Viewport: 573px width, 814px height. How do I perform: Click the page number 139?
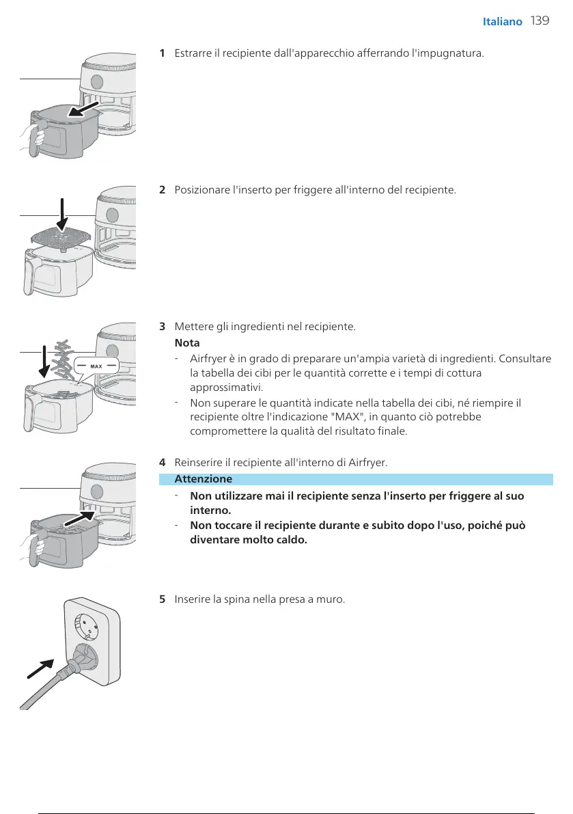coord(540,21)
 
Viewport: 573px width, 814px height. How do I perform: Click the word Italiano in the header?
coord(502,21)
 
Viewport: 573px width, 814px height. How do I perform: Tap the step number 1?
coord(162,53)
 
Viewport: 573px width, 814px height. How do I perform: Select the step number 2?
coord(162,189)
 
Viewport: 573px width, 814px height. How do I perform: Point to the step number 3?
coord(162,326)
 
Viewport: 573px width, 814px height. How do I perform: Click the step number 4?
coord(162,463)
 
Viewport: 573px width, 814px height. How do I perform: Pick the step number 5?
coord(162,599)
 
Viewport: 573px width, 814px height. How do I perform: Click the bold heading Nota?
coord(187,342)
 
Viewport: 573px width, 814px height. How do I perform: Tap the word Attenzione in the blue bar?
coord(204,478)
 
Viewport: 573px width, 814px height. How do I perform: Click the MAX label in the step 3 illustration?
coord(96,366)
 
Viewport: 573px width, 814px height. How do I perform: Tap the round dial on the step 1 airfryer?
coord(97,82)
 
